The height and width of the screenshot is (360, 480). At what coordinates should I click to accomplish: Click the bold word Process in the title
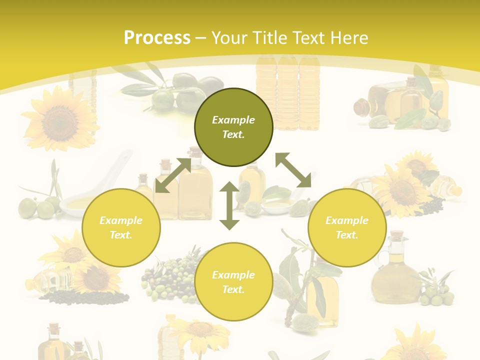(157, 38)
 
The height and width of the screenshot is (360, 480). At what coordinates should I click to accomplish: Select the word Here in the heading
(347, 38)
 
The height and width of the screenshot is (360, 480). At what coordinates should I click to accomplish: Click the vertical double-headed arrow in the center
(229, 206)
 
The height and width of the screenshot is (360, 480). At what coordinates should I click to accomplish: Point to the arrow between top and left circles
(173, 175)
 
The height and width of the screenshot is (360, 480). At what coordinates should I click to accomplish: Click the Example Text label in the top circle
(233, 127)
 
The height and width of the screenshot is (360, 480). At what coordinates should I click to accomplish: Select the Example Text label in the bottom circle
(233, 282)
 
